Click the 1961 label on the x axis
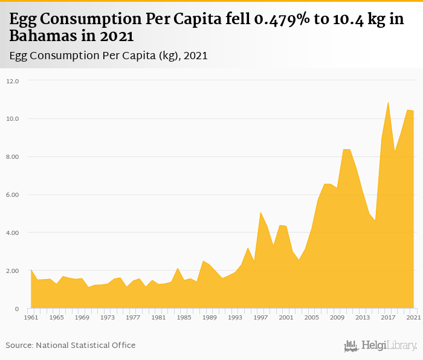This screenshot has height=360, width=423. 31,318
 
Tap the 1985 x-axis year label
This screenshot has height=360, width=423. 184,318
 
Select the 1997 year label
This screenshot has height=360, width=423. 260,318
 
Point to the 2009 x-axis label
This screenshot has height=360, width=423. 337,318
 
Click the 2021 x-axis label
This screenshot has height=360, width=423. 413,318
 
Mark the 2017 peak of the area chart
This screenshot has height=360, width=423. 388,102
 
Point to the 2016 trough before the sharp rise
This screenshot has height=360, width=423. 375,221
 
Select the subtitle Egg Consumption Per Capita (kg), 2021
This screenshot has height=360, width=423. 109,56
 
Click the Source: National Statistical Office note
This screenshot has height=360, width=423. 71,346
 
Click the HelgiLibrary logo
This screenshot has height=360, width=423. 380,346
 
